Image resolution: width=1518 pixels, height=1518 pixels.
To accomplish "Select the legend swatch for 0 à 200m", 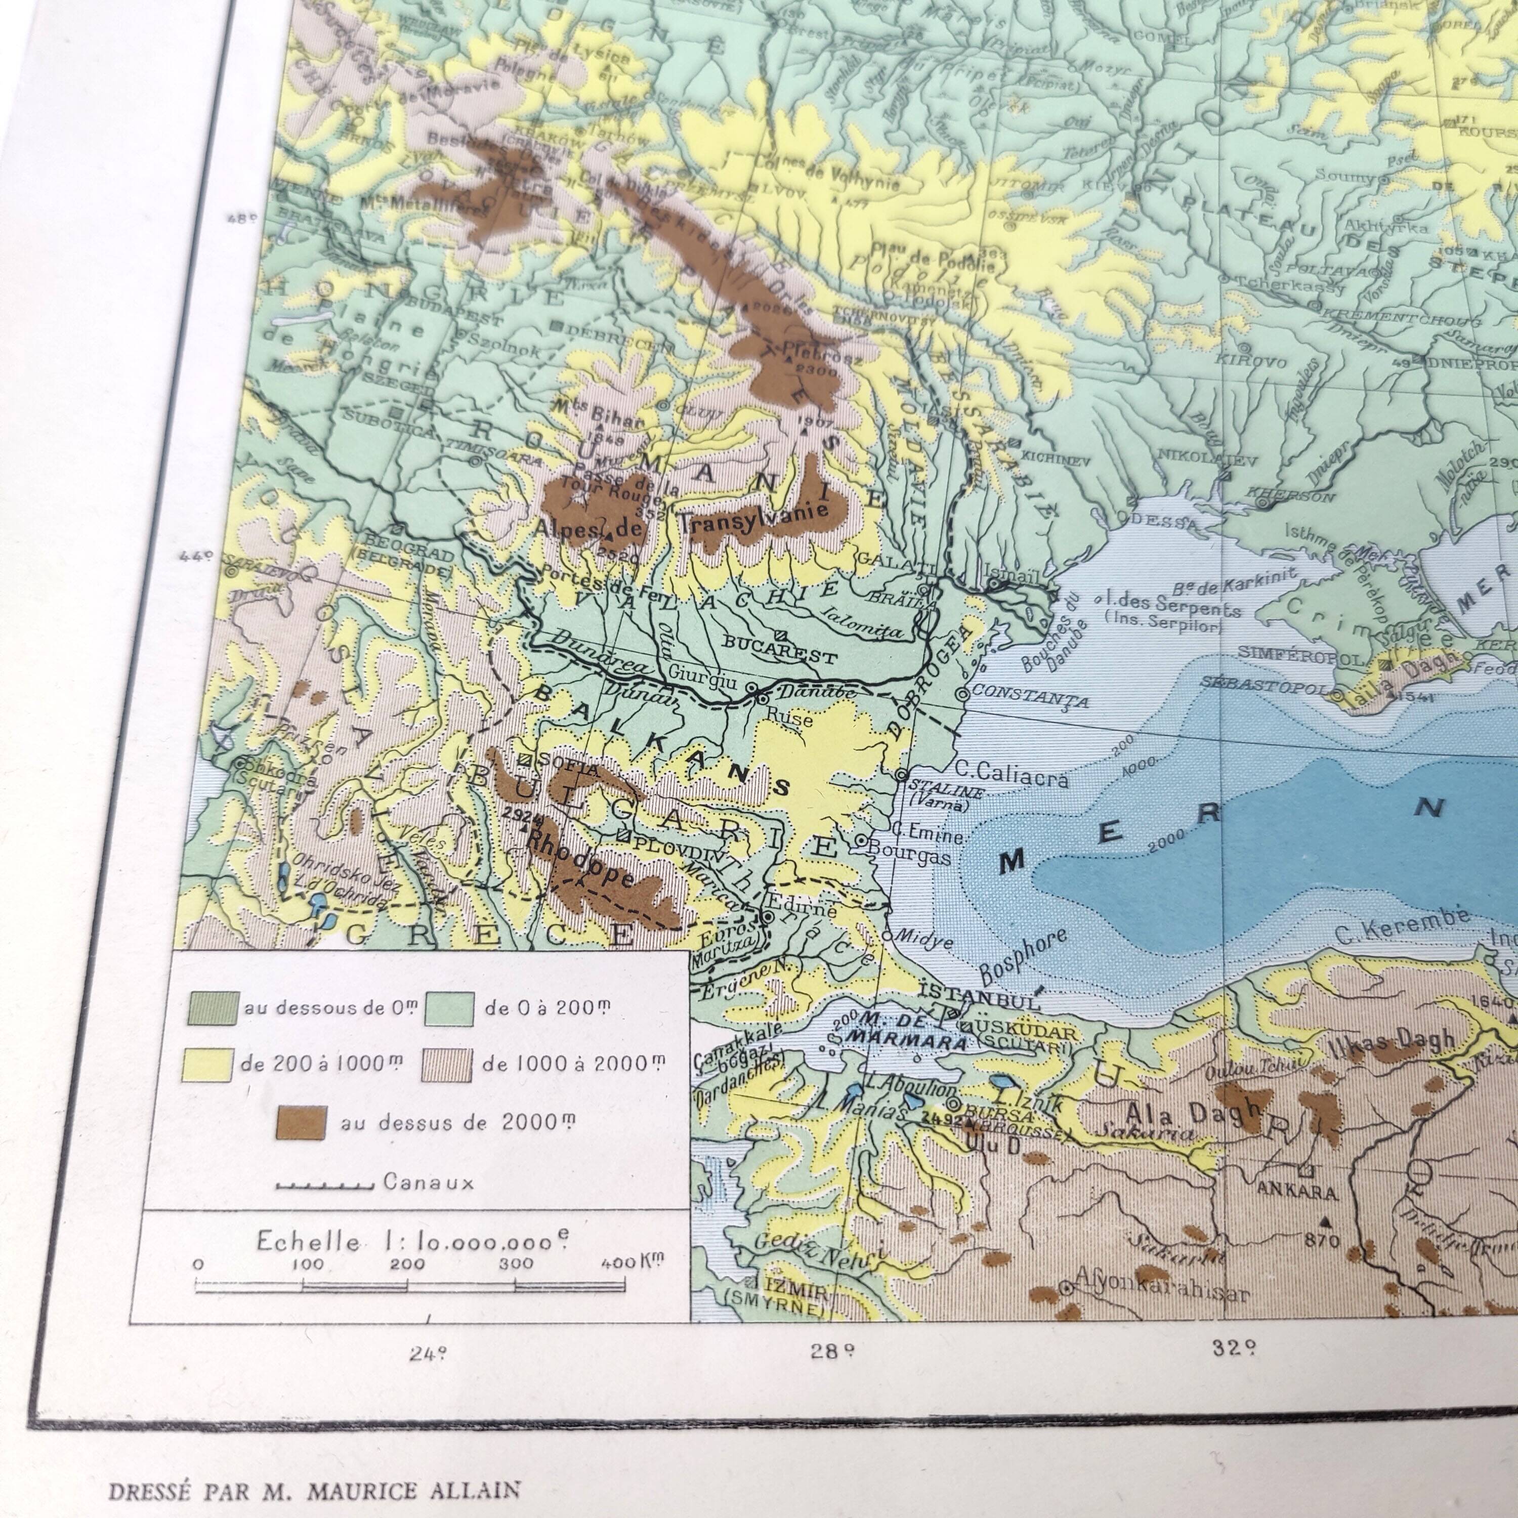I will pyautogui.click(x=449, y=1008).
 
